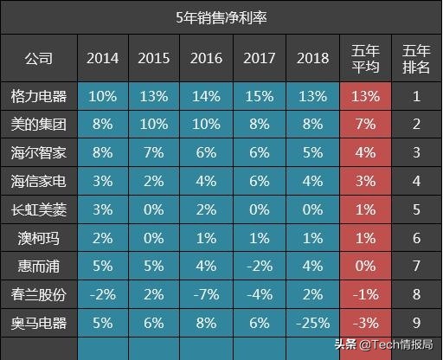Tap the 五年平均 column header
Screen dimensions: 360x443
tap(366, 59)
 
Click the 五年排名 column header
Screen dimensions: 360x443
tap(416, 59)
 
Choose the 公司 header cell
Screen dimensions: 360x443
tap(38, 59)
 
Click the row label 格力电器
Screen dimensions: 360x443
tap(38, 96)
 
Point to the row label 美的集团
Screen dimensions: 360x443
tap(38, 125)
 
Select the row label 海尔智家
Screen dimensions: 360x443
tap(38, 153)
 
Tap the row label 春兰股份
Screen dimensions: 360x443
tap(38, 294)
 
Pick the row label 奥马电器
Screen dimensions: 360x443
tap(38, 323)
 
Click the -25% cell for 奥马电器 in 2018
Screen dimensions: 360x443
tap(311, 323)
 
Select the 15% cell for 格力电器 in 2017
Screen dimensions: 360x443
tap(260, 96)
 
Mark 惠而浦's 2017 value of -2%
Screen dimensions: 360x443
tap(260, 266)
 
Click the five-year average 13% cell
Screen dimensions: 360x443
tap(366, 96)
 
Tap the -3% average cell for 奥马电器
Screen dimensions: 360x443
tap(366, 323)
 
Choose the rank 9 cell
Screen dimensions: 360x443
tap(416, 323)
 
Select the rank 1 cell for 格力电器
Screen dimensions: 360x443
tap(416, 96)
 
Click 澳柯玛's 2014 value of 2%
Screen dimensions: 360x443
tap(102, 238)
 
